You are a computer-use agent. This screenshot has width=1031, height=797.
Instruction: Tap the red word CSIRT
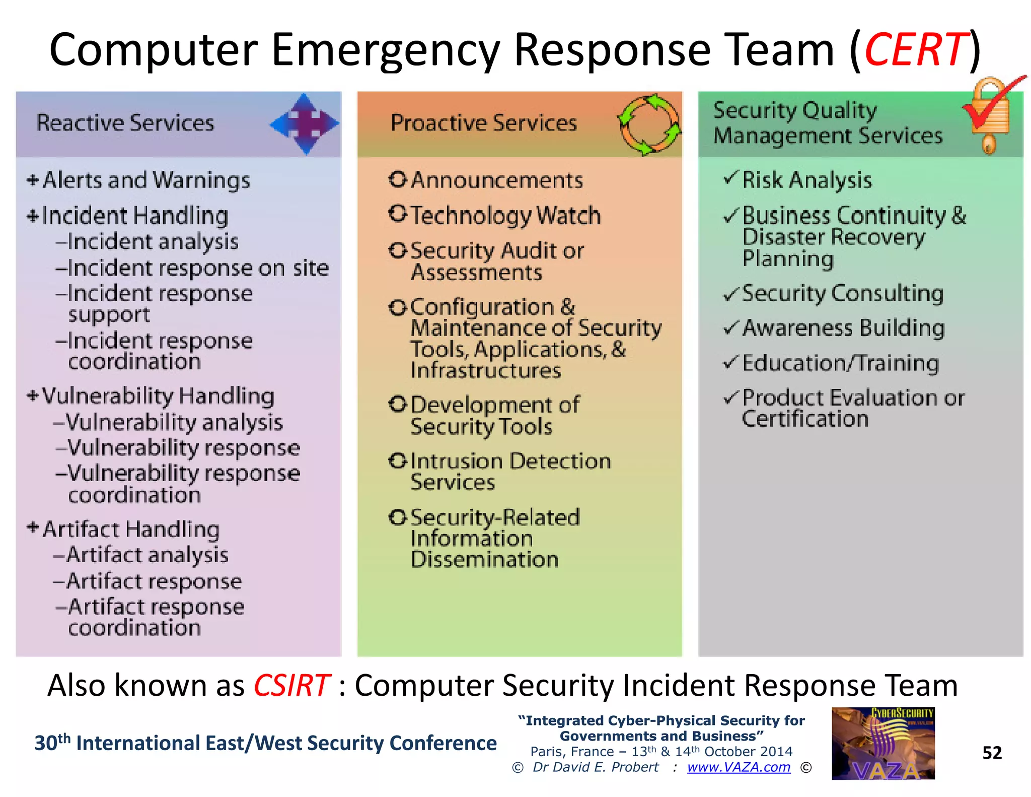[x=292, y=686]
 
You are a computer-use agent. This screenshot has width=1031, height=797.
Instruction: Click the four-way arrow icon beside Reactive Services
[x=305, y=123]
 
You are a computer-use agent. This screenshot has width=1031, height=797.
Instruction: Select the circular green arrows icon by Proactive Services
[x=648, y=124]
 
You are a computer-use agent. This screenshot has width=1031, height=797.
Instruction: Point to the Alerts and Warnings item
[x=146, y=180]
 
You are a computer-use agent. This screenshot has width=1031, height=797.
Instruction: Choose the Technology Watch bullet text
[x=505, y=216]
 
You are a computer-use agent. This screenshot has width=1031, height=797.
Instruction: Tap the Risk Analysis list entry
[x=806, y=180]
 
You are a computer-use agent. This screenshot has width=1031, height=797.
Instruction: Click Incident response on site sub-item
[x=197, y=268]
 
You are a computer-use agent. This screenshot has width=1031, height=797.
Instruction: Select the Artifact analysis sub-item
[x=147, y=555]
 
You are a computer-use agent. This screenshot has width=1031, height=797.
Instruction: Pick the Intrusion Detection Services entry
[x=509, y=471]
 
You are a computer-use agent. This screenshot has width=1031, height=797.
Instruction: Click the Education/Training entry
[x=840, y=363]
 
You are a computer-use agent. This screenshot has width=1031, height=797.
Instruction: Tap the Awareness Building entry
[x=843, y=328]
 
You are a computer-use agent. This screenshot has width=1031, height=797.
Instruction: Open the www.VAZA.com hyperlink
[x=739, y=767]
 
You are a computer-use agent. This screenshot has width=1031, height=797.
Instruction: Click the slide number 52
[x=992, y=753]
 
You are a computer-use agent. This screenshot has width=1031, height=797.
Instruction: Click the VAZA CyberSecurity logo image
[x=883, y=744]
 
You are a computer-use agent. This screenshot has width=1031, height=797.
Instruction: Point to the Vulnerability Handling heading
[x=158, y=396]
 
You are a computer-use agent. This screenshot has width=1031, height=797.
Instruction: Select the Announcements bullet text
[x=496, y=180]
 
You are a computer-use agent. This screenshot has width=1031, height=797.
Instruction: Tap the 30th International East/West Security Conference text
[x=265, y=743]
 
